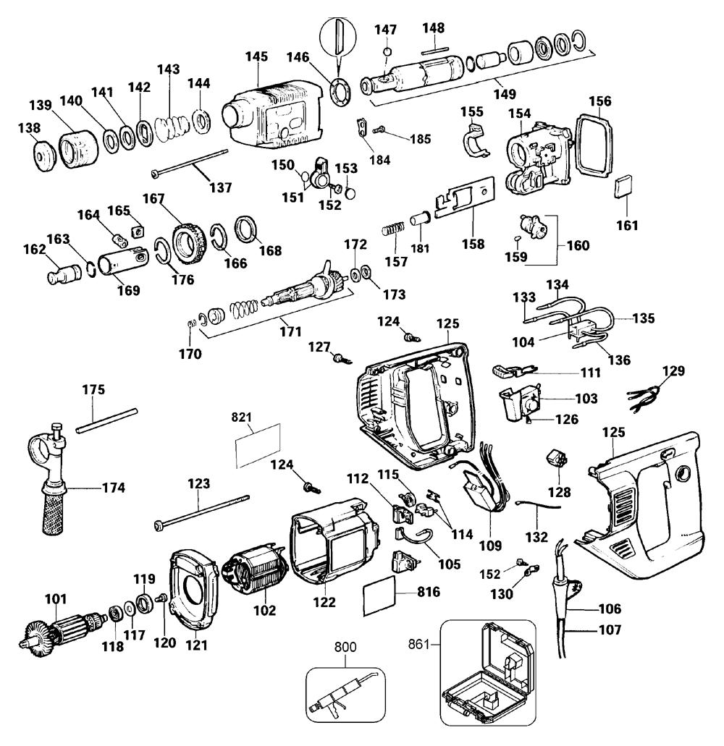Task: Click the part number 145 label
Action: click(256, 56)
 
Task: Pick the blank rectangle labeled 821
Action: click(258, 445)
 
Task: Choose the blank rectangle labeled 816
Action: click(380, 595)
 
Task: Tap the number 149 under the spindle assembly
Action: click(505, 94)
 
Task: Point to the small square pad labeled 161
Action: click(622, 185)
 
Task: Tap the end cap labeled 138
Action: click(46, 155)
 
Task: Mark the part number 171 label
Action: click(290, 331)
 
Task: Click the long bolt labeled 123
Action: click(201, 512)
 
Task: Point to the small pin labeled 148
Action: click(434, 48)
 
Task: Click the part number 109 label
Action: click(490, 546)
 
